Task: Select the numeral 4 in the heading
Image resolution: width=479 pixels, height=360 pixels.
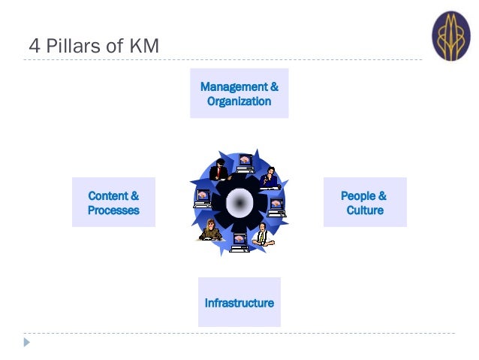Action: click(x=33, y=47)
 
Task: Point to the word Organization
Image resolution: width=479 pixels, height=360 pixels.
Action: click(x=239, y=101)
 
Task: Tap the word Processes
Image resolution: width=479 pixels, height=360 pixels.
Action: click(x=113, y=210)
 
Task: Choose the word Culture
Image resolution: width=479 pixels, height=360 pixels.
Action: click(x=365, y=210)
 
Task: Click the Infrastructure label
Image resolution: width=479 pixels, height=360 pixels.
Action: click(x=239, y=303)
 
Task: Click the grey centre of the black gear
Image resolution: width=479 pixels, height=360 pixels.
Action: click(x=239, y=201)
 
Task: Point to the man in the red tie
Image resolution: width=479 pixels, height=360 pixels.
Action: click(x=218, y=171)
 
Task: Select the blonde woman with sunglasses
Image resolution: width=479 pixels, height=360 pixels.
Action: click(x=210, y=230)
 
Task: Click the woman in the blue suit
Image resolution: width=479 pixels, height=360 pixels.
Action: click(x=270, y=177)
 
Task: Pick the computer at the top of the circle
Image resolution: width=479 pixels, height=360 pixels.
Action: click(x=246, y=162)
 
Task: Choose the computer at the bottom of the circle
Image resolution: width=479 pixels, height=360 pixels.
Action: click(x=239, y=242)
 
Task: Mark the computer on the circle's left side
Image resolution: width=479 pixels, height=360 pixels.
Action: click(x=202, y=198)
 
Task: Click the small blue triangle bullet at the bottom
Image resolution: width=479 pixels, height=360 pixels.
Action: click(x=27, y=342)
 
